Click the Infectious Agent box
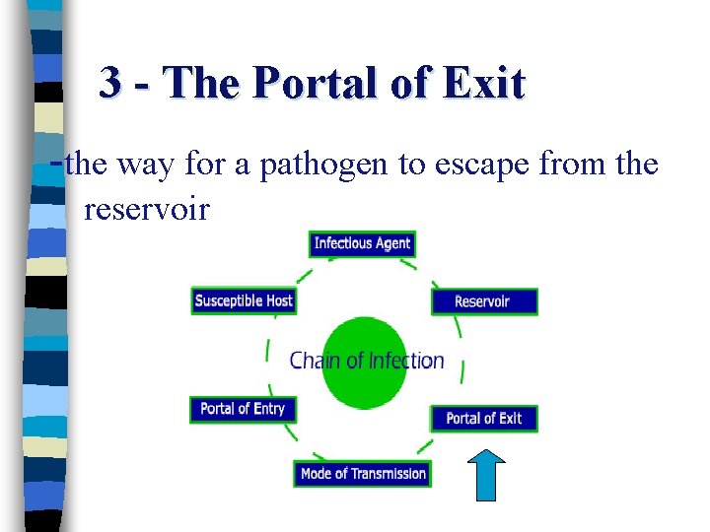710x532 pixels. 362,243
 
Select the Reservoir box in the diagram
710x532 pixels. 483,301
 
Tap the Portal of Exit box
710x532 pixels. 483,418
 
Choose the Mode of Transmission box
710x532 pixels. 363,474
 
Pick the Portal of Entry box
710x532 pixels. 243,409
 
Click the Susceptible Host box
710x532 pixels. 244,300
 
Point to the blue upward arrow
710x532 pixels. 484,476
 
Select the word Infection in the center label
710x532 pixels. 406,361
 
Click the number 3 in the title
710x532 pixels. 110,85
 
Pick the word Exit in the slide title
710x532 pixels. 483,85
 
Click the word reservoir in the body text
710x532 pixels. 147,209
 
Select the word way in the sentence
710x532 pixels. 145,165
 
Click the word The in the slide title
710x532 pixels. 202,85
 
